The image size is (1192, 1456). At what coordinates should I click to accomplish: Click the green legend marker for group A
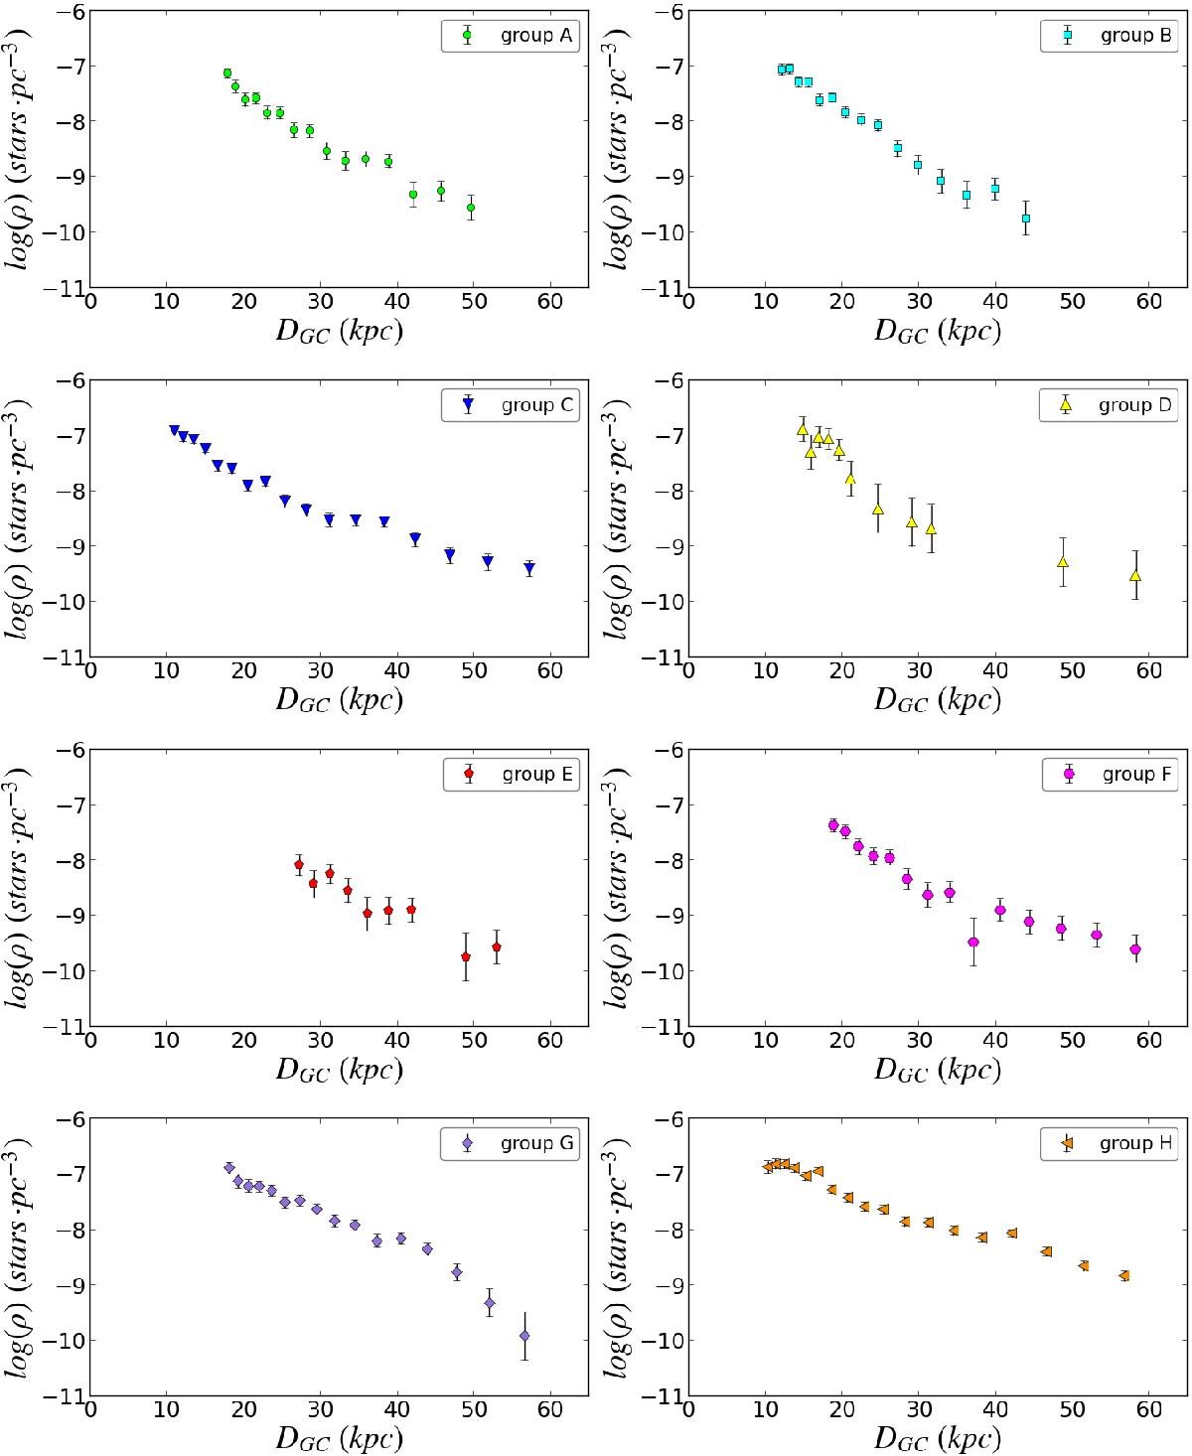click(468, 36)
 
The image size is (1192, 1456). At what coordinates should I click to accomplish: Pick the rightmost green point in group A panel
click(471, 208)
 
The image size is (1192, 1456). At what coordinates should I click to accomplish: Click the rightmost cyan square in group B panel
click(1026, 218)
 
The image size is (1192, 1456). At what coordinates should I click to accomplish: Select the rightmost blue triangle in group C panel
click(529, 569)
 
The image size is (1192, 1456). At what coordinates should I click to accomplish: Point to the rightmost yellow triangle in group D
click(1134, 575)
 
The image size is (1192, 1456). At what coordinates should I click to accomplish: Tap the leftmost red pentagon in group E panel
click(298, 865)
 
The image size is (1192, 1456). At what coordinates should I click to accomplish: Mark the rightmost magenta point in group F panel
click(1135, 949)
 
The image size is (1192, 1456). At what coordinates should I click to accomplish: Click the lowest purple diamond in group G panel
click(524, 1336)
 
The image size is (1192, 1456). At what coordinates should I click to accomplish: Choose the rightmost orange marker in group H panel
click(1123, 1275)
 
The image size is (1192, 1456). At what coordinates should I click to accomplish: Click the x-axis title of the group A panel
click(340, 332)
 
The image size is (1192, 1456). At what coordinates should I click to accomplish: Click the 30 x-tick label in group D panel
click(919, 670)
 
